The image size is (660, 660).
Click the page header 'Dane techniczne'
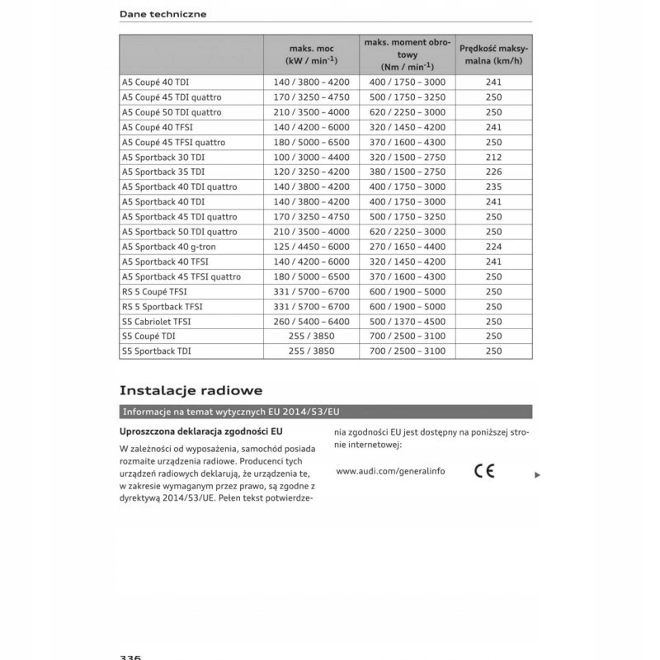tap(163, 14)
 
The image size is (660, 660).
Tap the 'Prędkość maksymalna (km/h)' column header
tap(493, 54)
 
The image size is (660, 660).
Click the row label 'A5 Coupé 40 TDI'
tap(155, 82)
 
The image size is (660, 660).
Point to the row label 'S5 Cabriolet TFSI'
tap(157, 321)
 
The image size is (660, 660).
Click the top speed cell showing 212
tap(493, 157)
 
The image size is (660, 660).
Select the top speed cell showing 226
tap(493, 172)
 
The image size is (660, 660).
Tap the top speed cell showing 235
tap(493, 186)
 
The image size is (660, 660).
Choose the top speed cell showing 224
tap(493, 247)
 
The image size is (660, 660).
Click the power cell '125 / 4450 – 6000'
tap(311, 247)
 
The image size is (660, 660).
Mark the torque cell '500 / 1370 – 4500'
tap(407, 321)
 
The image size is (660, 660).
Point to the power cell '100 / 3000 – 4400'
tap(311, 157)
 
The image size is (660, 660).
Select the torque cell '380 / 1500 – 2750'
tap(407, 172)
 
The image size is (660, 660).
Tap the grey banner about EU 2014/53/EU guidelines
tap(325, 412)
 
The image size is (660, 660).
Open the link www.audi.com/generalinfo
tap(390, 471)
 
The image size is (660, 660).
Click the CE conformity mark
tap(484, 471)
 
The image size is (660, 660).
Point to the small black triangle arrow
tap(537, 475)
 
